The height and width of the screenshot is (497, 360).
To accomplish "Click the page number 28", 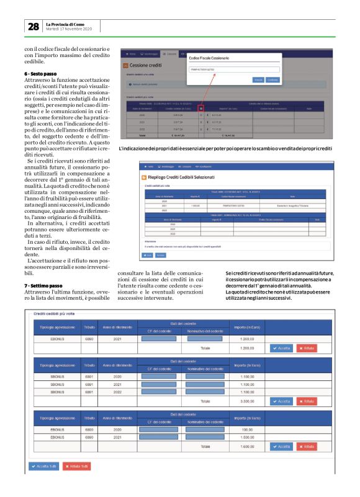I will [x=32, y=27].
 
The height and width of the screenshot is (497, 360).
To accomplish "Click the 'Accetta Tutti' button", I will [x=42, y=466].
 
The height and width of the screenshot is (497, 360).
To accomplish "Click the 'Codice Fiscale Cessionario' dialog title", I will [x=215, y=58].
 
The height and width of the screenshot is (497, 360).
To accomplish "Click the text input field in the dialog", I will [x=233, y=69].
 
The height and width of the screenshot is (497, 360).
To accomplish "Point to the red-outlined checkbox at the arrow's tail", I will [x=201, y=109].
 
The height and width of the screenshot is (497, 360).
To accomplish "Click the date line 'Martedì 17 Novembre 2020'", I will [x=69, y=29].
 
